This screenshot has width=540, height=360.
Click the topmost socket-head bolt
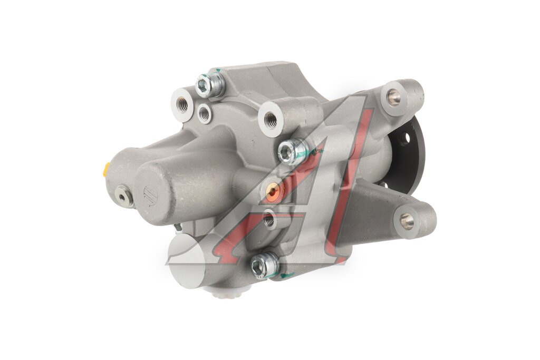pos(209,84)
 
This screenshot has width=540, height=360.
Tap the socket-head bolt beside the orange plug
pos(293,151)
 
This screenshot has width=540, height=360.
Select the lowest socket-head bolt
pos(265,264)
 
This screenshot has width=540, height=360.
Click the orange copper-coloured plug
pos(274,190)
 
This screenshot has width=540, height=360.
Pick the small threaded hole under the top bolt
pos(205,113)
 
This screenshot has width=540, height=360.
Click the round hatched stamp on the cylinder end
pos(150,195)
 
